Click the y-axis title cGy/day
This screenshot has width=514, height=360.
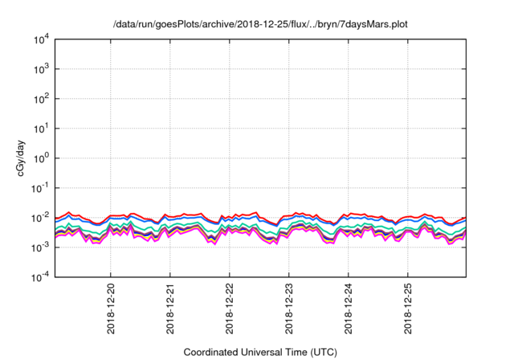(x=15, y=158)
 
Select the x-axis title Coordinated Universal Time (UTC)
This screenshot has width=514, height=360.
(x=260, y=352)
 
